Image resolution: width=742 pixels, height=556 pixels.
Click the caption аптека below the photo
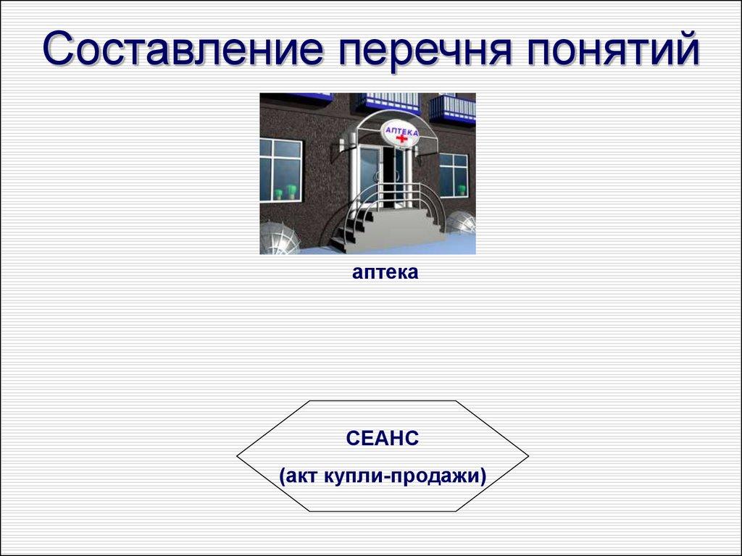[385, 273]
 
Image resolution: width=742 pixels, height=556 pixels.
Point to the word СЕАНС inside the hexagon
[383, 438]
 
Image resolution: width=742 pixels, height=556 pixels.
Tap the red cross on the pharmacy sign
[401, 138]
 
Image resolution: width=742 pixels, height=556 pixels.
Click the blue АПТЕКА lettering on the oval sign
[401, 130]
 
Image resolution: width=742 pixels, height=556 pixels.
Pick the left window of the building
[280, 169]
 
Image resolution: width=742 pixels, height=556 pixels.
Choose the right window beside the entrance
[454, 174]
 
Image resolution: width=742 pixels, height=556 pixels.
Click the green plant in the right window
[461, 190]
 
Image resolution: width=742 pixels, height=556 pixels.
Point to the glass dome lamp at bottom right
[461, 222]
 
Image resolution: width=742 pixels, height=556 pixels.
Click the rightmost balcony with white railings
[452, 109]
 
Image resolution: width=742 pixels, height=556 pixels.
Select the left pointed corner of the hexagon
[237, 456]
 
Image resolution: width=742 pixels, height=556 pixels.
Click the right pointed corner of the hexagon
[528, 456]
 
